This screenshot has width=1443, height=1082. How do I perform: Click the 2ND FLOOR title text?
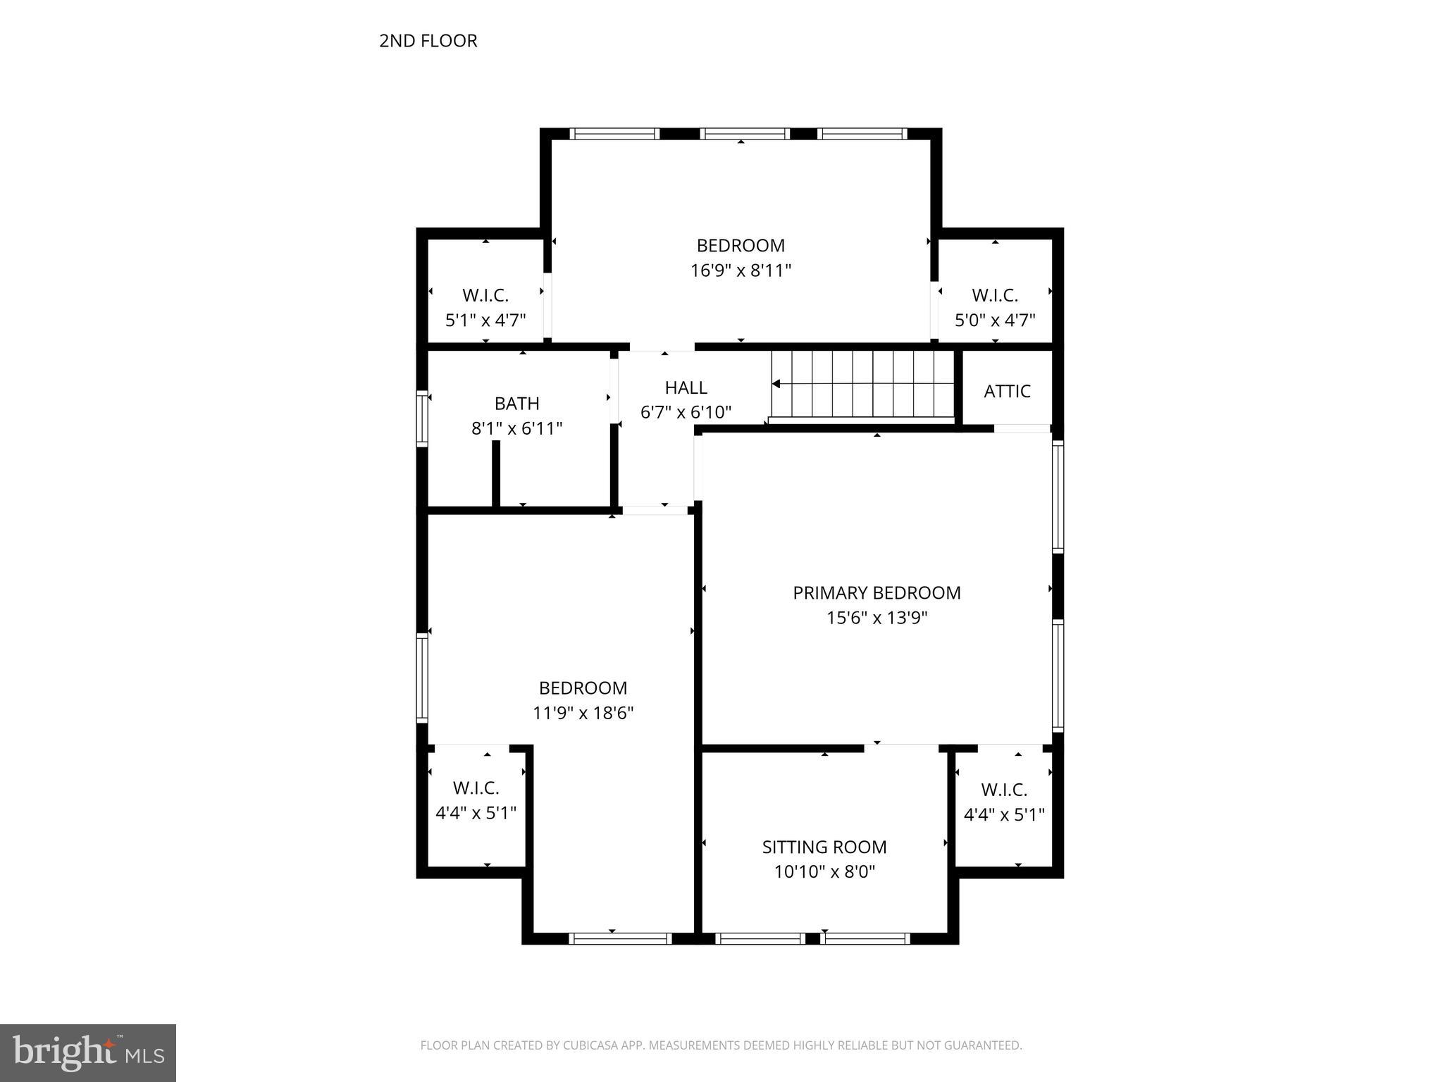[428, 41]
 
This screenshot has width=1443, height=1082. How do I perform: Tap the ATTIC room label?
[1007, 391]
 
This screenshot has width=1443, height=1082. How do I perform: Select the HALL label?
[686, 387]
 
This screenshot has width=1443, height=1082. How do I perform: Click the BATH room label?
[516, 404]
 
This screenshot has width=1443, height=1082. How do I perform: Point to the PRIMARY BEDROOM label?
[877, 593]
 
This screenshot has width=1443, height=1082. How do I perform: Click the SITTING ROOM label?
[824, 847]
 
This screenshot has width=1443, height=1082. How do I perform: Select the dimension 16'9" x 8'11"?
[741, 270]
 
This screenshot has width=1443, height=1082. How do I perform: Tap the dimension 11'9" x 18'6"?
[583, 713]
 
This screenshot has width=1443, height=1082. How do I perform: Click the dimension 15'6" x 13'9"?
[877, 618]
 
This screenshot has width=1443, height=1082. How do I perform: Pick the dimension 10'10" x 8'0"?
[824, 872]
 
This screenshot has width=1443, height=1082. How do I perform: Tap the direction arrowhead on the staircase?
[776, 384]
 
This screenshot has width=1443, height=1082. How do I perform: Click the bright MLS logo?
[88, 1052]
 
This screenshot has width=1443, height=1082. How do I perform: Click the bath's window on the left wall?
[422, 418]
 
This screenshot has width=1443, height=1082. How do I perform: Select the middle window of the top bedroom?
[744, 134]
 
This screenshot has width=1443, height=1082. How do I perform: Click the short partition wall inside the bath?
[495, 473]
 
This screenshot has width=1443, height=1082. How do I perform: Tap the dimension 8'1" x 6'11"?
[516, 428]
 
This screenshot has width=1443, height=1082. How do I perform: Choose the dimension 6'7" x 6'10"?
[686, 412]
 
